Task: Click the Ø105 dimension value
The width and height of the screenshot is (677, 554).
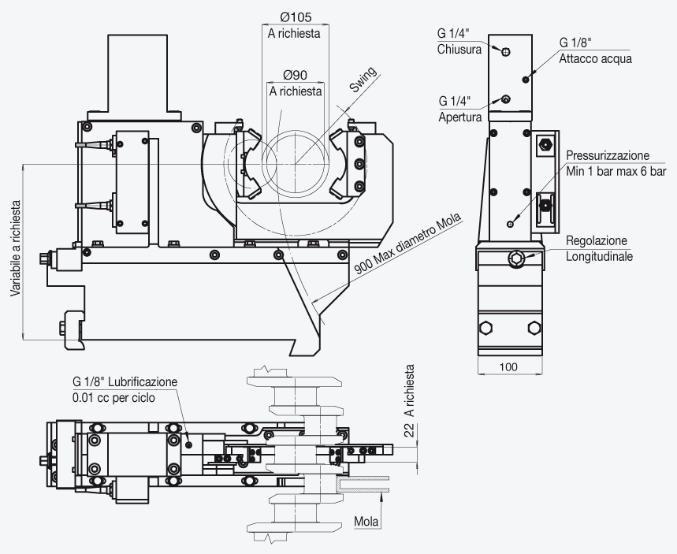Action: pos(296,17)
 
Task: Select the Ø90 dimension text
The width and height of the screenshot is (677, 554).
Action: pos(296,75)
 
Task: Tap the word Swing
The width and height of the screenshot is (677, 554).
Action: pos(363,80)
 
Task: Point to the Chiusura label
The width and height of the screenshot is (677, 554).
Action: pos(459,49)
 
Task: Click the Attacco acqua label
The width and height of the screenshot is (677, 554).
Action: pos(595,59)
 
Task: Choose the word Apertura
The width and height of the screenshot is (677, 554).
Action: pos(459,117)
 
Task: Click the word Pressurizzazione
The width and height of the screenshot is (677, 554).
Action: pos(608,155)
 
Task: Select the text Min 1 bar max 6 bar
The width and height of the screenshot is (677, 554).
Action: pos(616,172)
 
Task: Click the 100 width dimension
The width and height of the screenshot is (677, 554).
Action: pos(508,367)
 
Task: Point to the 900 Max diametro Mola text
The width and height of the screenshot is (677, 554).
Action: pos(407,244)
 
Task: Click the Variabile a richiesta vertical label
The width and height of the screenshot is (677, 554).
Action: pos(16,248)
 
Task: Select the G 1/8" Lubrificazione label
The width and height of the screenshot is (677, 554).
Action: pos(125,381)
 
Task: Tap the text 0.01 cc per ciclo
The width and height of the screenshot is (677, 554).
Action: pos(113,398)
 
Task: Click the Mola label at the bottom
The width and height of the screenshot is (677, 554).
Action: pos(366,522)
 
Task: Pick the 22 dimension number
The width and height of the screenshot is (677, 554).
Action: pos(409,429)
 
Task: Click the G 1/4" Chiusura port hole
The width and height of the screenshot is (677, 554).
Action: pos(506,52)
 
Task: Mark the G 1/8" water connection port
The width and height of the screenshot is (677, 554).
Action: pos(526,80)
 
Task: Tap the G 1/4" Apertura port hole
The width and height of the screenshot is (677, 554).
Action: pos(506,99)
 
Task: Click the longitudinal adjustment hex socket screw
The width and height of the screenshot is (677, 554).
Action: pos(516,258)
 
